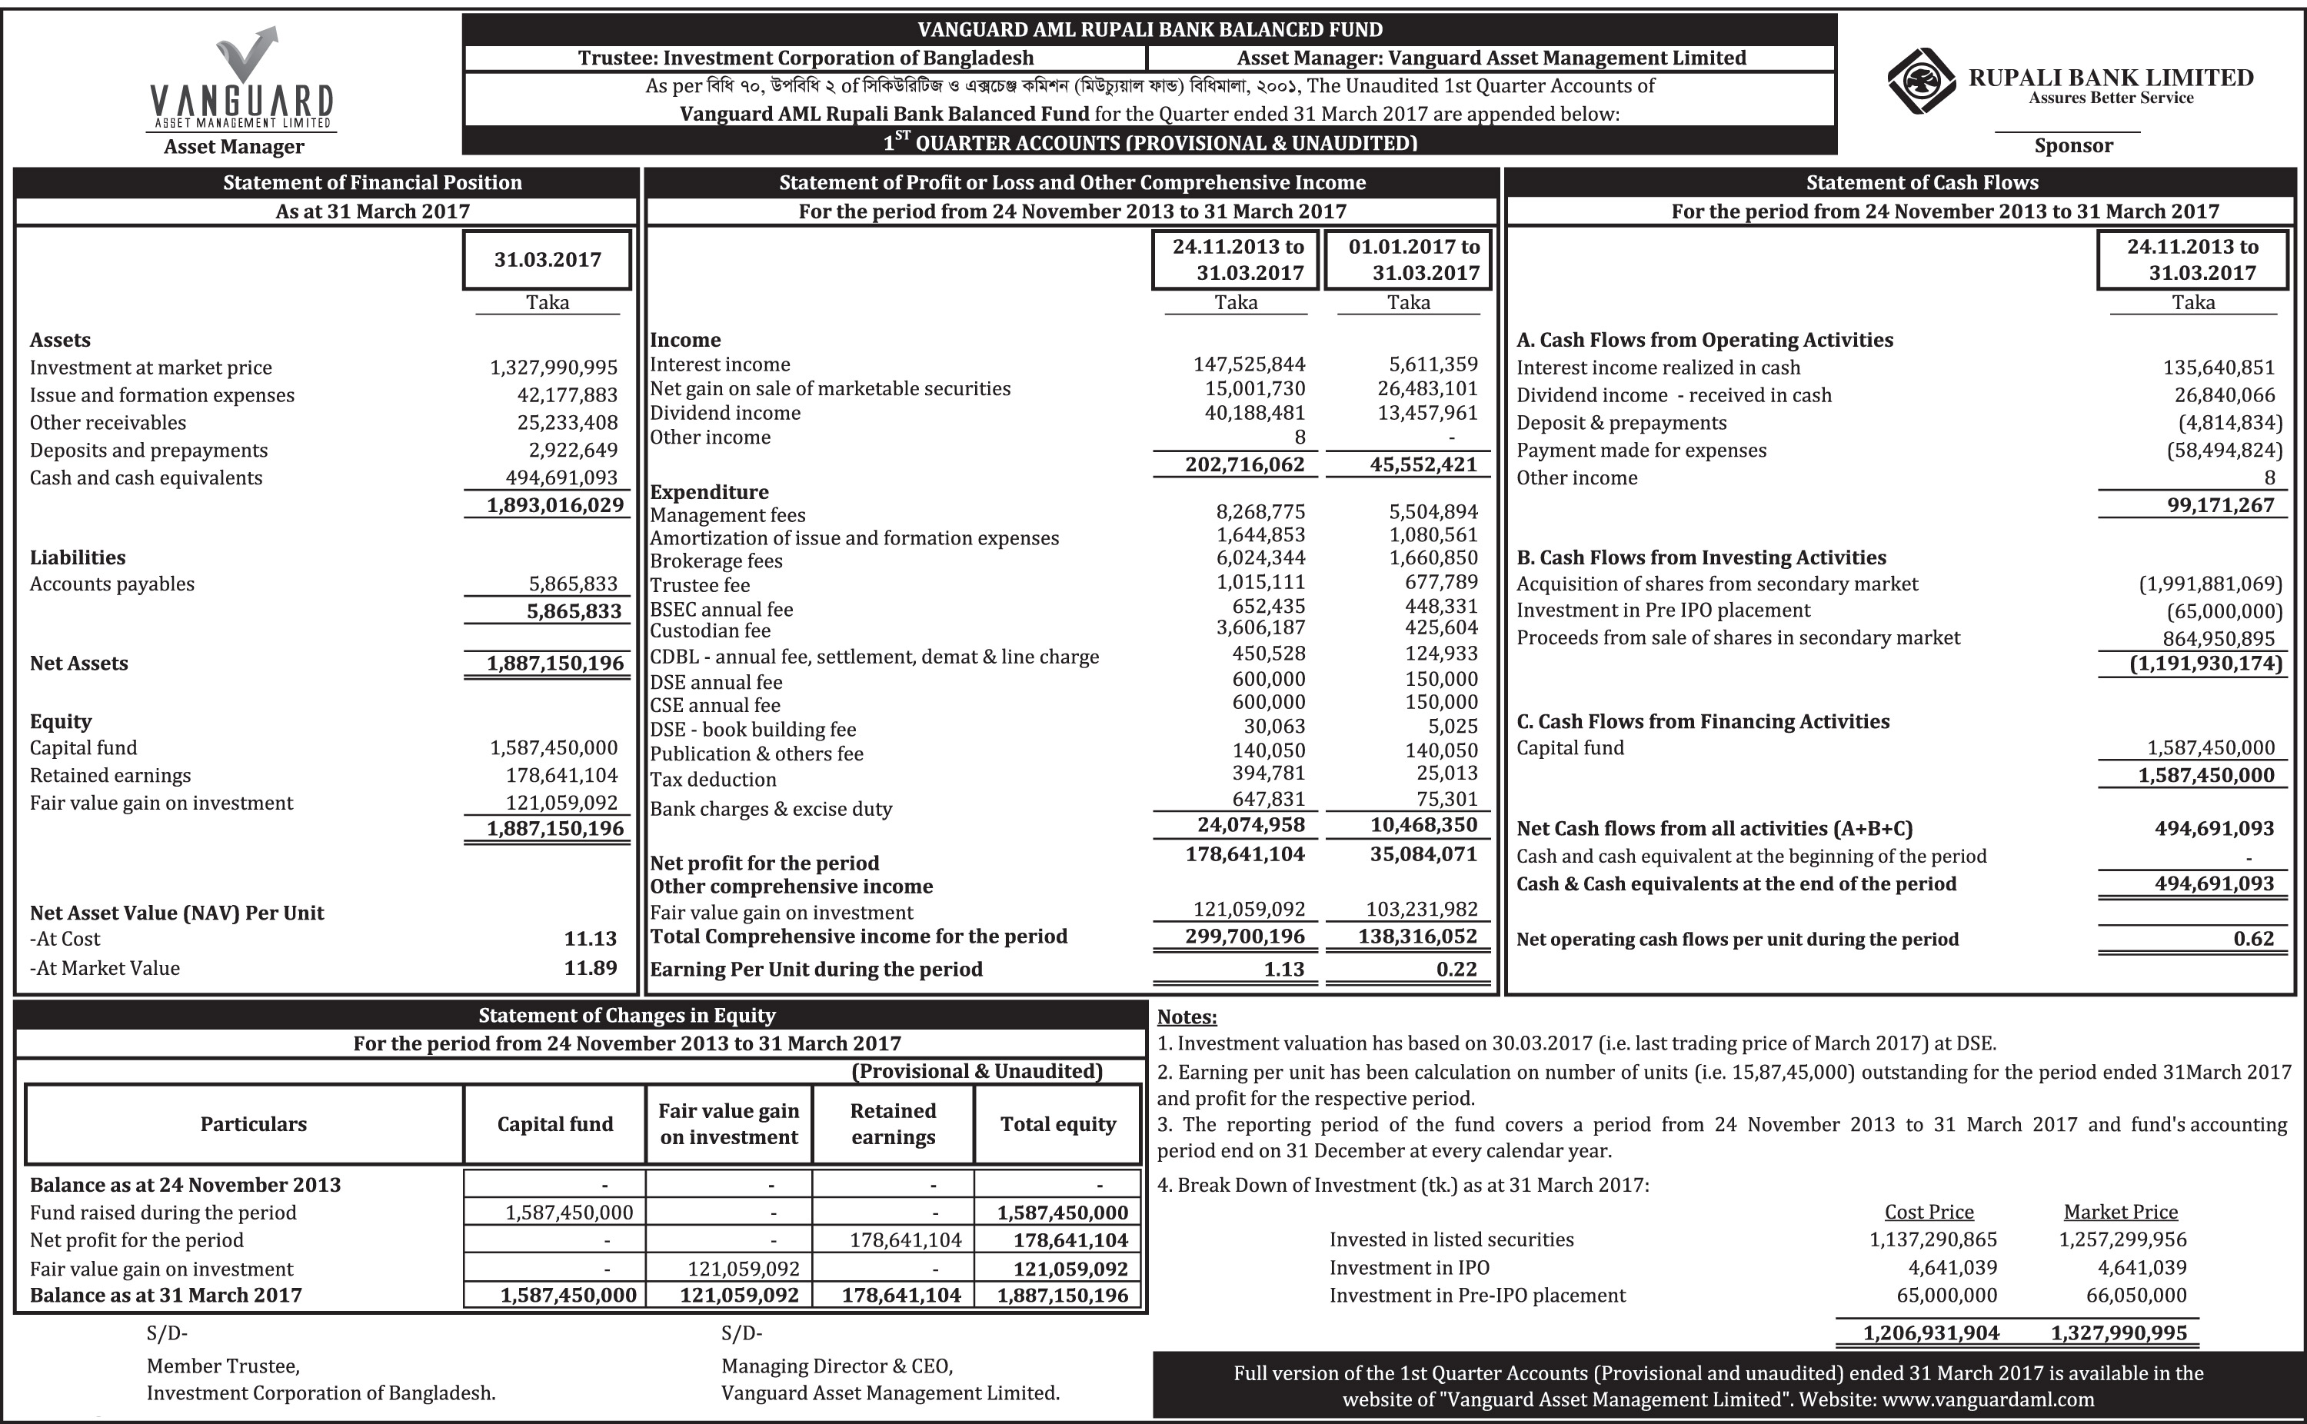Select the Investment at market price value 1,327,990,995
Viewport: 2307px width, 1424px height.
point(554,368)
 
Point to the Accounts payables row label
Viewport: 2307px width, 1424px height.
point(112,584)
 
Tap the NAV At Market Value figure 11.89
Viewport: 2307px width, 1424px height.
point(591,967)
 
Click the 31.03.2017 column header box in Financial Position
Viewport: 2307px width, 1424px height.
point(547,260)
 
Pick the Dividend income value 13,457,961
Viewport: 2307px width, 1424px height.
point(1427,412)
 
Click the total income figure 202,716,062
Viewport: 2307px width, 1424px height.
point(1245,464)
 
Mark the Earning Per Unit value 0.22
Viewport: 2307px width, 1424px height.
point(1456,969)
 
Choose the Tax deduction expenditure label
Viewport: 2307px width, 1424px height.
point(713,780)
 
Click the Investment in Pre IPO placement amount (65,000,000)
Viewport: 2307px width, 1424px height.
point(2224,611)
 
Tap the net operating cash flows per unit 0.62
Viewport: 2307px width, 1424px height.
point(2253,939)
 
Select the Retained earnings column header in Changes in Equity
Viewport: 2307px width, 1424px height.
point(893,1123)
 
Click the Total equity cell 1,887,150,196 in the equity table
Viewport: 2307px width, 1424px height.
point(1062,1295)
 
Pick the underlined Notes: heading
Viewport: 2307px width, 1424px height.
point(1187,1017)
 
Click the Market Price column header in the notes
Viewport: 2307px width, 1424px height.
point(2121,1212)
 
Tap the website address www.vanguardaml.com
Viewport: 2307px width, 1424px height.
point(1989,1399)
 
